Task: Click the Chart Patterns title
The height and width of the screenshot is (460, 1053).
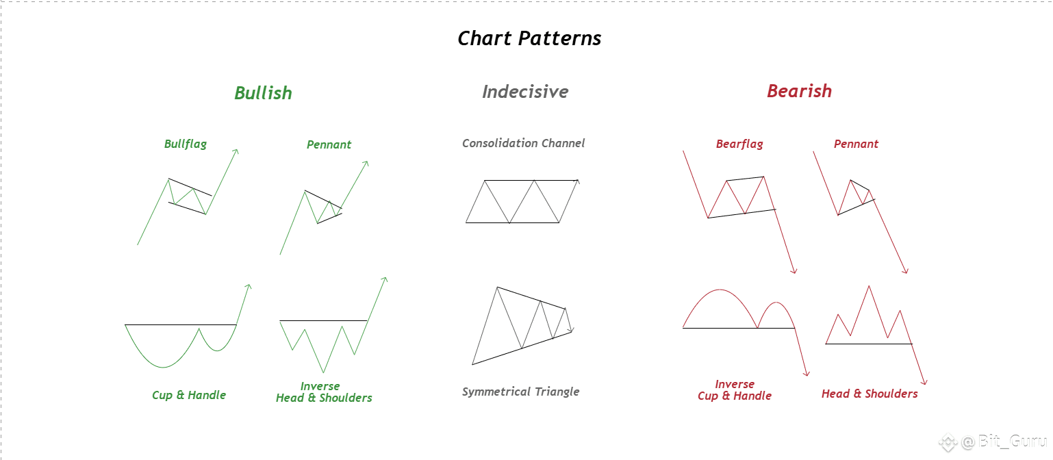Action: click(529, 38)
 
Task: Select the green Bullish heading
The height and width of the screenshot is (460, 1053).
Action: click(263, 92)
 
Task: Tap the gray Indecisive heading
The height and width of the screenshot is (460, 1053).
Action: click(525, 91)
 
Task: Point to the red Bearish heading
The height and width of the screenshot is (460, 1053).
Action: click(799, 90)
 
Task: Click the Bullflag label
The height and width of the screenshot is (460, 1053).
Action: click(186, 144)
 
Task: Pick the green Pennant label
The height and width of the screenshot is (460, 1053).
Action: click(329, 144)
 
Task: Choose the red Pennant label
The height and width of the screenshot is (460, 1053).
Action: click(856, 144)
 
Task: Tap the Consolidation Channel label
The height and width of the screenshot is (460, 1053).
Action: click(523, 143)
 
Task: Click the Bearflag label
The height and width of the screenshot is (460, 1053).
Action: click(739, 144)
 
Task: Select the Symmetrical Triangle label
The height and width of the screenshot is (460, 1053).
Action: click(520, 392)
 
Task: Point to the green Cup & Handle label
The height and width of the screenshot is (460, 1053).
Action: click(188, 395)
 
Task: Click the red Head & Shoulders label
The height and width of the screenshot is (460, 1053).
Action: click(870, 394)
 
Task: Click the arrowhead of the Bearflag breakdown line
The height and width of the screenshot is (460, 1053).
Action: click(795, 272)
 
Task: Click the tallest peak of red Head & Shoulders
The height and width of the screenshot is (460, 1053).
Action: click(869, 286)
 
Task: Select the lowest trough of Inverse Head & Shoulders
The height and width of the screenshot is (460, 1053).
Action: click(323, 372)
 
